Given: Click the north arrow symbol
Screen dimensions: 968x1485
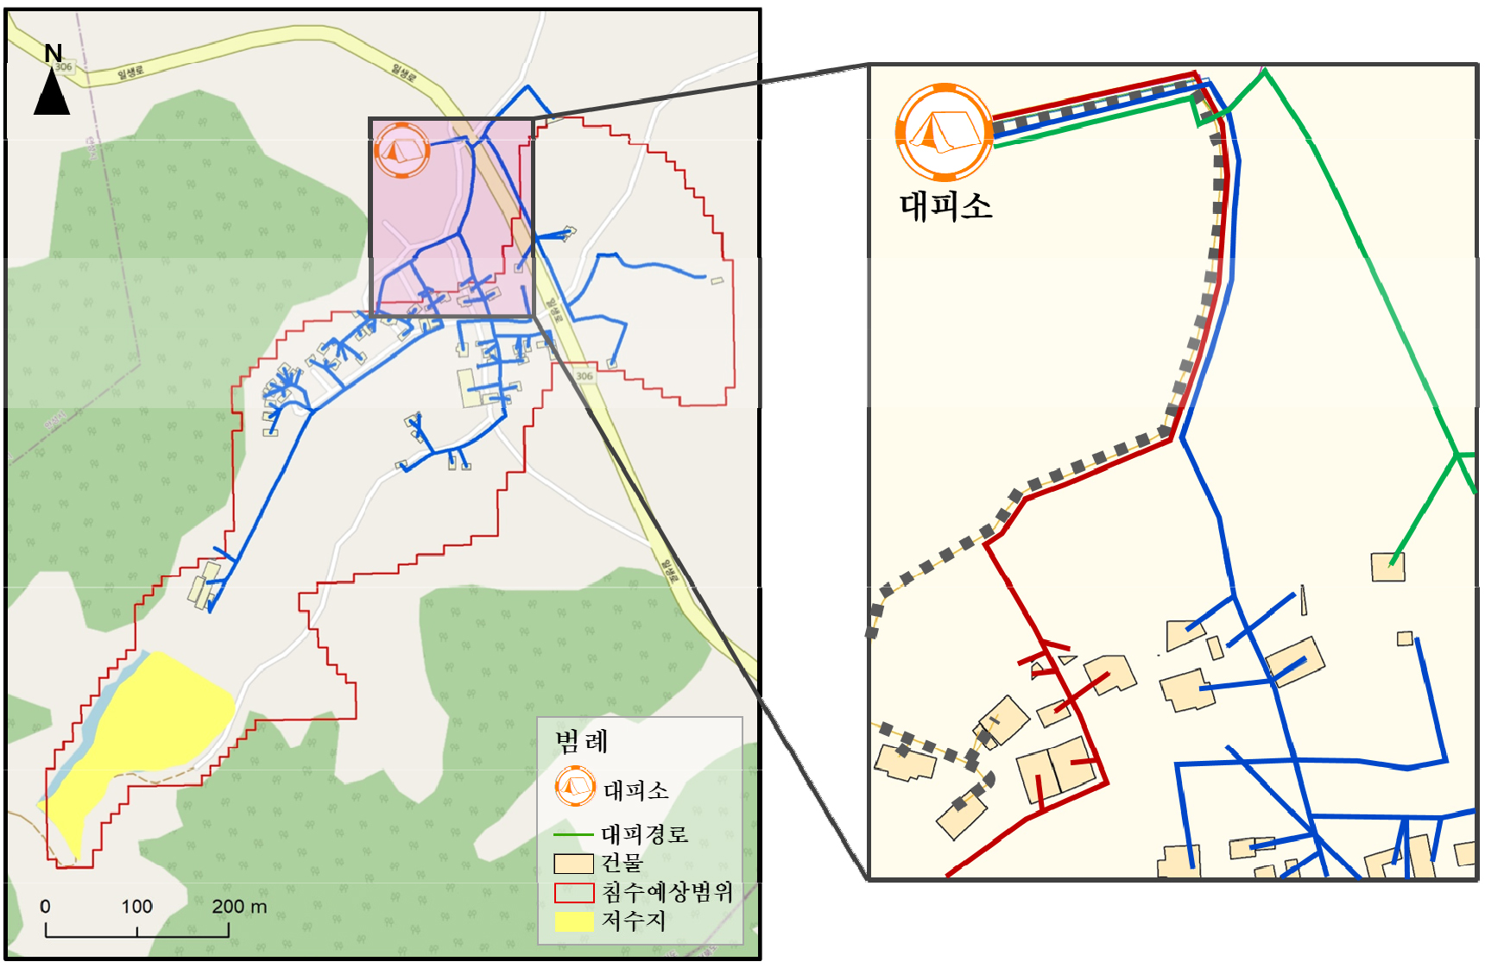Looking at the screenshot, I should pyautogui.click(x=52, y=93).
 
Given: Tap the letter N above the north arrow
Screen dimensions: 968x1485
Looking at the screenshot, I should pyautogui.click(x=53, y=53).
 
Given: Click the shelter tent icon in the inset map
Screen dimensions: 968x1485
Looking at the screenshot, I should pyautogui.click(x=944, y=131).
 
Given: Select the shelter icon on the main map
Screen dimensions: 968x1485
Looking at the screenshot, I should pyautogui.click(x=401, y=150).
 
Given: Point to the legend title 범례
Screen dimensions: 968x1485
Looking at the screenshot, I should pyautogui.click(x=581, y=741).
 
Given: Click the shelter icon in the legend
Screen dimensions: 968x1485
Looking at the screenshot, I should pyautogui.click(x=575, y=786).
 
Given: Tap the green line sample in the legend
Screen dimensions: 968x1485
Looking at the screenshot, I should pyautogui.click(x=572, y=834).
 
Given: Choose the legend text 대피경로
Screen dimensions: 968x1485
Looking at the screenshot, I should pyautogui.click(x=644, y=834).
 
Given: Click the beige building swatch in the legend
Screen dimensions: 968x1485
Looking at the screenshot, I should pyautogui.click(x=573, y=864).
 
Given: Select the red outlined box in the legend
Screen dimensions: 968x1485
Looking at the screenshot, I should pyautogui.click(x=573, y=892).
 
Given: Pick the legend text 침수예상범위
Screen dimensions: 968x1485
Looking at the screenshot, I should pyautogui.click(x=667, y=892).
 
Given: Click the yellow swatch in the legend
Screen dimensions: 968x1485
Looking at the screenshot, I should pyautogui.click(x=573, y=921).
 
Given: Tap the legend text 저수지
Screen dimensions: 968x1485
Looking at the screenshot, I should pyautogui.click(x=633, y=921).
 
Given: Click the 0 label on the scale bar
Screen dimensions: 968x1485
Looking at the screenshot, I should pyautogui.click(x=45, y=907).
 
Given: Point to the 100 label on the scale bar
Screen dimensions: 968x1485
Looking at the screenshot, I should pyautogui.click(x=136, y=907).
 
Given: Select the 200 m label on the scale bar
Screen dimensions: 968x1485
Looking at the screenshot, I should pyautogui.click(x=239, y=907).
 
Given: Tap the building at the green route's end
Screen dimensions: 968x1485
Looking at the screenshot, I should pyautogui.click(x=1387, y=567).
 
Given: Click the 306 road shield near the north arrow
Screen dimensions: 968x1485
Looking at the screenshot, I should pyautogui.click(x=64, y=66).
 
